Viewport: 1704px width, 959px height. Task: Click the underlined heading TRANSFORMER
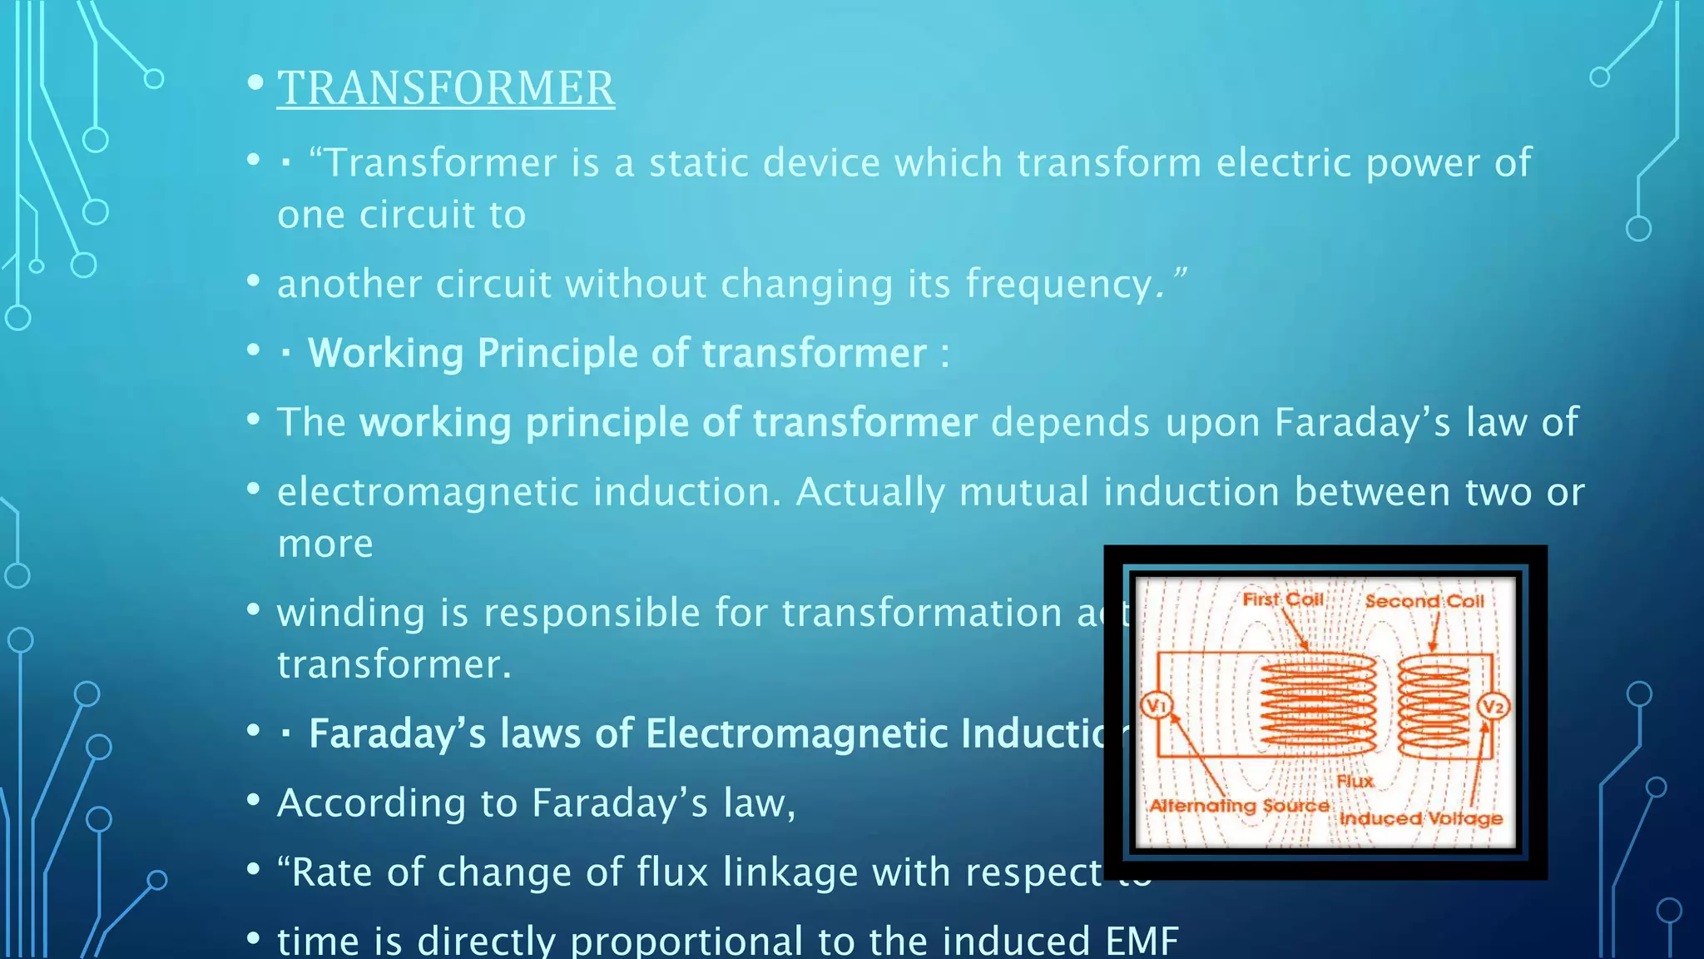(446, 88)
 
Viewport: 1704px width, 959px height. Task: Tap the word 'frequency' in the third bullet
(1058, 285)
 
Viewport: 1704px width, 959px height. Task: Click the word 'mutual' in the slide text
(1023, 492)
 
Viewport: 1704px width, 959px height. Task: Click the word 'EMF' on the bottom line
(1142, 941)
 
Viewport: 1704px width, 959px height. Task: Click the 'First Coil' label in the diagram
(1282, 599)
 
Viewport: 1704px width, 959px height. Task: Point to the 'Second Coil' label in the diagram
(1424, 601)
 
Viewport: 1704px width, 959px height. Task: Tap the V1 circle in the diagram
(1155, 706)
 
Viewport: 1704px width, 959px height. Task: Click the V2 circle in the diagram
(1493, 707)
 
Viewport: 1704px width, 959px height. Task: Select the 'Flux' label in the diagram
(1355, 781)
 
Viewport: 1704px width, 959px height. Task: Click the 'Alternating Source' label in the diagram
(1238, 806)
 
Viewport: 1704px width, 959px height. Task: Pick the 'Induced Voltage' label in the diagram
(1420, 818)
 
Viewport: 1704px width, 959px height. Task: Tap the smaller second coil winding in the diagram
(1434, 706)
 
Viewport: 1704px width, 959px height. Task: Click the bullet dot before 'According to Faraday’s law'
(254, 801)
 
